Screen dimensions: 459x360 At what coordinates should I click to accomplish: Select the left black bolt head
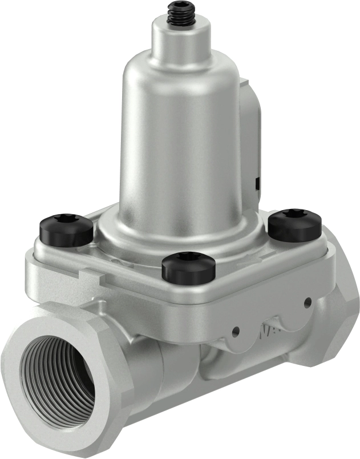click(x=66, y=228)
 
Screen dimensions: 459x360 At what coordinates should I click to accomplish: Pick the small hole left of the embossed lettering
click(x=235, y=329)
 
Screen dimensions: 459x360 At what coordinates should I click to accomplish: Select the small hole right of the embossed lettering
click(x=308, y=301)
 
